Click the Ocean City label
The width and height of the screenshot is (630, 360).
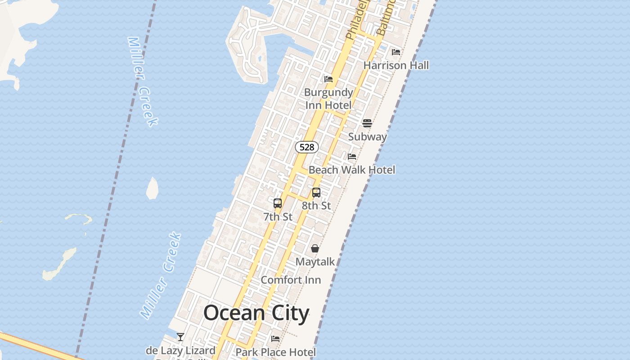[x=256, y=313]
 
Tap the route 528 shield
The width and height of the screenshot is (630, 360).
[x=307, y=147]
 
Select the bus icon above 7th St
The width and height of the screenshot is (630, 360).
[x=278, y=203]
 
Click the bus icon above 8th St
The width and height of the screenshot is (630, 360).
[x=316, y=193]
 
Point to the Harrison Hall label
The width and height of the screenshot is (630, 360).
[x=396, y=65]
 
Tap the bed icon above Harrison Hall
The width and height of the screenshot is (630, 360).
[x=396, y=52]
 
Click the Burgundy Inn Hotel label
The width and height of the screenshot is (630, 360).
[x=328, y=99]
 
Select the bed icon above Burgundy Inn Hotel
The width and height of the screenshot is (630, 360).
[x=328, y=79]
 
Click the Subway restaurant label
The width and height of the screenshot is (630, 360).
[x=368, y=137]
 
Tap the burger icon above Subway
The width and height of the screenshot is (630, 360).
[x=367, y=123]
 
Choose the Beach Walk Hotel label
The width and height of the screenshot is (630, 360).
[x=352, y=170]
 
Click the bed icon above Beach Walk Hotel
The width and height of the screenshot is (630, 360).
[x=352, y=157]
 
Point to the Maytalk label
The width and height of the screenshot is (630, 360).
[x=315, y=261]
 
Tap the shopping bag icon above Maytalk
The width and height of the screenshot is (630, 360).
[x=315, y=248]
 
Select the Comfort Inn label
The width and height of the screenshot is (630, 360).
[x=291, y=280]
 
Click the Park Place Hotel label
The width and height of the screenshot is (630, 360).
[x=276, y=352]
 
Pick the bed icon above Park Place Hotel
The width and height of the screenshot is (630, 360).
[x=275, y=338]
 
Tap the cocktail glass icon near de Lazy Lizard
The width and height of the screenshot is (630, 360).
[x=180, y=337]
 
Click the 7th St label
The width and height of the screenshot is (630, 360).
[x=278, y=217]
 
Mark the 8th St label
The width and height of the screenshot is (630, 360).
[x=316, y=206]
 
